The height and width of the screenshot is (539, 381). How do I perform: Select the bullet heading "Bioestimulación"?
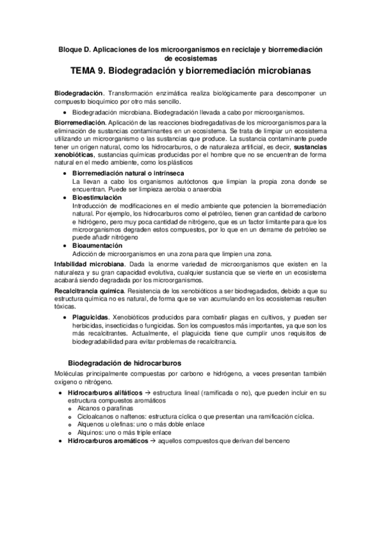click(x=98, y=198)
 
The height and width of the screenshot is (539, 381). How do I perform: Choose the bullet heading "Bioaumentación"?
click(x=98, y=245)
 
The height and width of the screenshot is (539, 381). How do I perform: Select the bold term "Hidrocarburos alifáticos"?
click(x=104, y=394)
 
